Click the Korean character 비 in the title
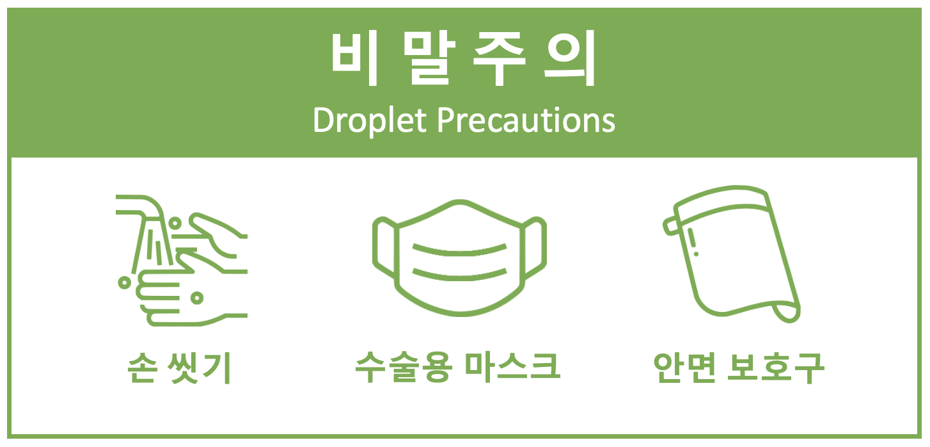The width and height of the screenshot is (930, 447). click(354, 58)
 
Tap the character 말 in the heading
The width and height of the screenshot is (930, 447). click(429, 58)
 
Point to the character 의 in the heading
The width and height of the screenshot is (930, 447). click(570, 58)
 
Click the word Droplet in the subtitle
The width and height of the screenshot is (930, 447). click(370, 120)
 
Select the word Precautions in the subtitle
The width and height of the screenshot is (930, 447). click(526, 120)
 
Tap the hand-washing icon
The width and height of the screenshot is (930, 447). click(182, 261)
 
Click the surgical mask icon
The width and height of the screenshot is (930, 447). click(459, 258)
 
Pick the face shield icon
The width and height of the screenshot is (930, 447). click(732, 254)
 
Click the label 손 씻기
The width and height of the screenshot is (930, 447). click(179, 368)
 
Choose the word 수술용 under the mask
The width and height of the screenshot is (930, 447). click(404, 367)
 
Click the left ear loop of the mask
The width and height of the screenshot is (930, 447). click(384, 248)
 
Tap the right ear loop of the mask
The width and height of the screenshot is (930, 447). click(535, 248)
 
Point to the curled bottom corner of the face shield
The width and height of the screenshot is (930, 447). click(787, 313)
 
